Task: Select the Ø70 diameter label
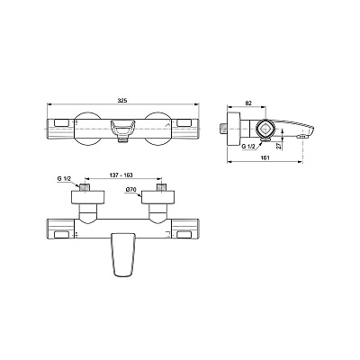(130, 191)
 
